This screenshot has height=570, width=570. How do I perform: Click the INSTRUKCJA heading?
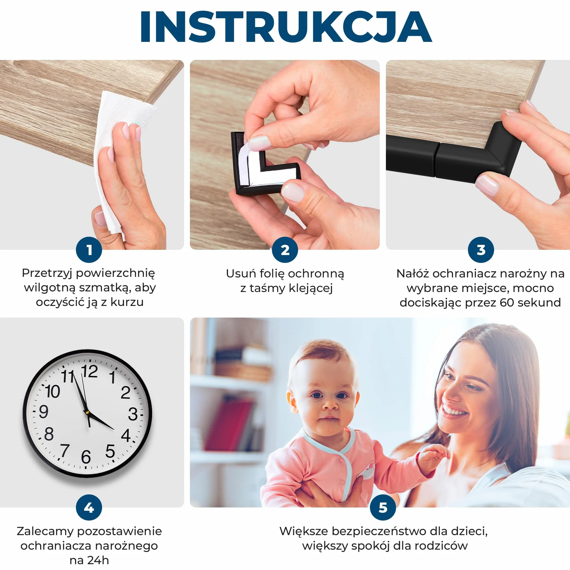pyautogui.click(x=286, y=27)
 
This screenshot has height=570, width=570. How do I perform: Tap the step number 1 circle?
pyautogui.click(x=89, y=250)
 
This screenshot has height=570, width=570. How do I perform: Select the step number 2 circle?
pyautogui.click(x=285, y=250)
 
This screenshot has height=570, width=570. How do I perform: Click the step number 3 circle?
pyautogui.click(x=481, y=250)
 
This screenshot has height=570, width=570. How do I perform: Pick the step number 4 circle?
pyautogui.click(x=89, y=508)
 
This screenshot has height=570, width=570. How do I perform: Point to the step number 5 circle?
pyautogui.click(x=383, y=508)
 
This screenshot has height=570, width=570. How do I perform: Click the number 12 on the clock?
pyautogui.click(x=89, y=371)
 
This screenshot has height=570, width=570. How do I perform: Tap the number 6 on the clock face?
pyautogui.click(x=86, y=457)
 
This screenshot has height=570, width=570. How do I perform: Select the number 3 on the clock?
pyautogui.click(x=133, y=414)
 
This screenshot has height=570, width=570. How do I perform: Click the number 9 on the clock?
pyautogui.click(x=44, y=412)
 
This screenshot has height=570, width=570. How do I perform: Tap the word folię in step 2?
pyautogui.click(x=272, y=274)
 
